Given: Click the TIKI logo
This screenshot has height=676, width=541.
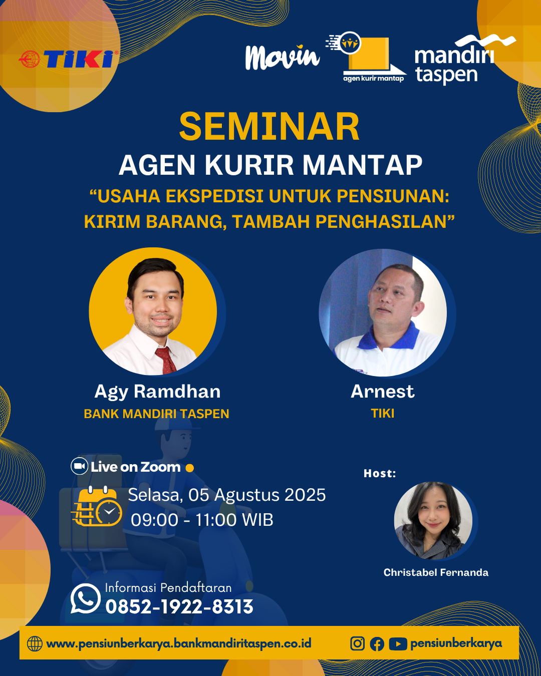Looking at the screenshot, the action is pyautogui.click(x=69, y=59).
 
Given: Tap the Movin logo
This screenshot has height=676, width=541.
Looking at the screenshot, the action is pyautogui.click(x=283, y=57).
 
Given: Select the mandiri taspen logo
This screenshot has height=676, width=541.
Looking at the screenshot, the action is pyautogui.click(x=465, y=60).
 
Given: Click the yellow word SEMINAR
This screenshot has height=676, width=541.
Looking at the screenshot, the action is pyautogui.click(x=269, y=127).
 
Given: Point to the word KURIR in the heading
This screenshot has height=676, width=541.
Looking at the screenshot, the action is pyautogui.click(x=249, y=165).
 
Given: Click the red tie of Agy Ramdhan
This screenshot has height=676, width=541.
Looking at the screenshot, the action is pyautogui.click(x=166, y=360).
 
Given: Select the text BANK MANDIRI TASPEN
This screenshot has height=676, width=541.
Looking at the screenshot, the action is pyautogui.click(x=156, y=414).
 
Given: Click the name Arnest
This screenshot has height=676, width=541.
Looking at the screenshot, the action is pyautogui.click(x=383, y=392).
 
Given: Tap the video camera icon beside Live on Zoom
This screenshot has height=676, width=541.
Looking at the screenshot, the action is pyautogui.click(x=79, y=466).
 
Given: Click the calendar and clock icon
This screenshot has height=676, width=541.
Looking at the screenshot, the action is pyautogui.click(x=97, y=506).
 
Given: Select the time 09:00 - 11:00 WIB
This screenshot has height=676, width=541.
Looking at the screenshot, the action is pyautogui.click(x=202, y=520).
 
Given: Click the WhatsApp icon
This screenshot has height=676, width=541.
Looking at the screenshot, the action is pyautogui.click(x=85, y=599).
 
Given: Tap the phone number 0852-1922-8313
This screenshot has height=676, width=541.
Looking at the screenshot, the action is pyautogui.click(x=179, y=606).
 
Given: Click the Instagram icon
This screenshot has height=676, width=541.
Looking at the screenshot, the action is pyautogui.click(x=358, y=643).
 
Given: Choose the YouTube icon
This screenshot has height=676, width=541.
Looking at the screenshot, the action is pyautogui.click(x=398, y=644).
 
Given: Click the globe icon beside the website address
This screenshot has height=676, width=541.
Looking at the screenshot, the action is pyautogui.click(x=35, y=643).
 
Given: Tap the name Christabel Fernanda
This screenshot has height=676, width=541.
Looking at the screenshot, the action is pyautogui.click(x=436, y=573).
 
